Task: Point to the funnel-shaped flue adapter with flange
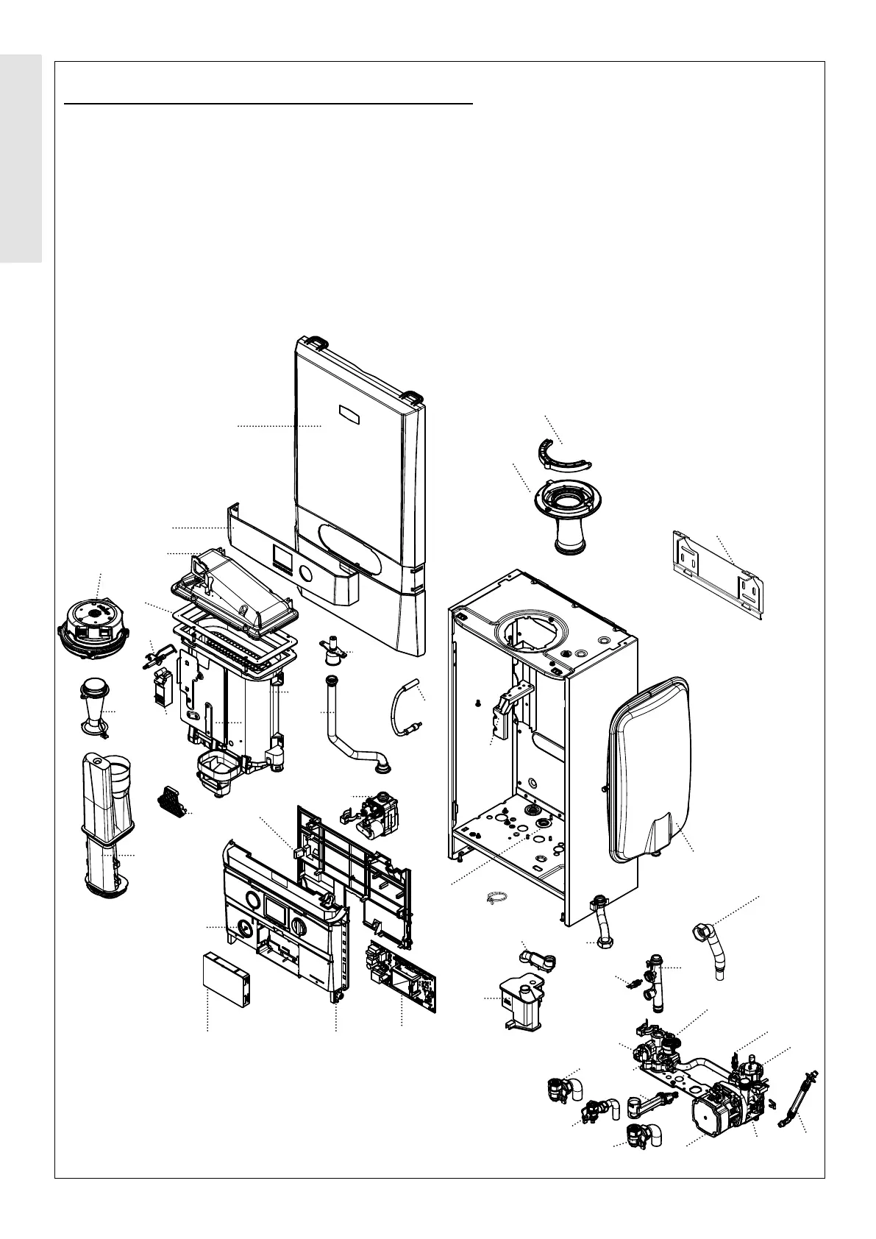[566, 514]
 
